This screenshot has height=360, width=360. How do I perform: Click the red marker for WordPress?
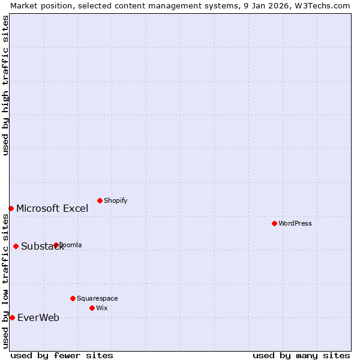pyautogui.click(x=274, y=223)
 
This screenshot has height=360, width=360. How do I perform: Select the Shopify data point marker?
pyautogui.click(x=100, y=200)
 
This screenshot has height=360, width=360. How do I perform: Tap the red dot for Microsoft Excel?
pyautogui.click(x=11, y=208)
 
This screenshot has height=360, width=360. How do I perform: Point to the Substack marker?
pyautogui.click(x=16, y=246)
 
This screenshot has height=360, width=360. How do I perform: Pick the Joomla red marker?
pyautogui.click(x=56, y=245)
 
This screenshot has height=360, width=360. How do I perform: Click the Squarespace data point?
pyautogui.click(x=73, y=298)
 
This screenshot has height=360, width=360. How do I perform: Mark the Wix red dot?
pyautogui.click(x=92, y=308)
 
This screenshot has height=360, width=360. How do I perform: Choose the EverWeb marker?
pyautogui.click(x=12, y=317)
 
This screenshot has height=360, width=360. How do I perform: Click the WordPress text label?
pyautogui.click(x=295, y=223)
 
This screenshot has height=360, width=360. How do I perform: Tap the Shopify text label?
pyautogui.click(x=115, y=200)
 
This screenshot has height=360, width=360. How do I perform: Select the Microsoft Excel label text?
pyautogui.click(x=52, y=208)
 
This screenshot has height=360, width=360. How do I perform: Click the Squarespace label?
pyautogui.click(x=97, y=298)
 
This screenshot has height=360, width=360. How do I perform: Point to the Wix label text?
pyautogui.click(x=102, y=308)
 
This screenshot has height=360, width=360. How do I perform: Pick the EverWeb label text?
pyautogui.click(x=38, y=317)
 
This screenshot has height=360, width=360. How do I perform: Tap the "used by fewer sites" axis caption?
pyautogui.click(x=62, y=355)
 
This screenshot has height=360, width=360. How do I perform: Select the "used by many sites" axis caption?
pyautogui.click(x=301, y=355)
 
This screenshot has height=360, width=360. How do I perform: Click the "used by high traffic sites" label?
pyautogui.click(x=5, y=85)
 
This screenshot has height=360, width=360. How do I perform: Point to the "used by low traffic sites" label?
pyautogui.click(x=5, y=281)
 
